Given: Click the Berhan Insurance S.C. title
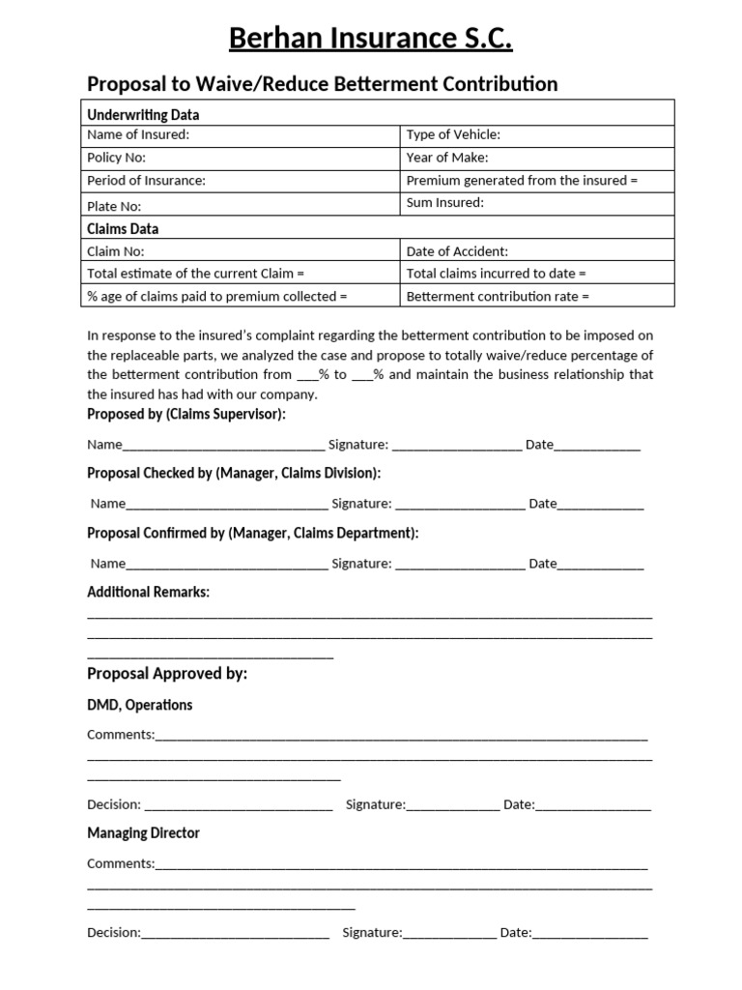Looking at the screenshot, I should pos(371,39).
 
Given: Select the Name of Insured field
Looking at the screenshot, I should pos(240,135).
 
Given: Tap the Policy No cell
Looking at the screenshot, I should pos(240,158).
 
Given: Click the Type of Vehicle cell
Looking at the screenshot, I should pos(536,135).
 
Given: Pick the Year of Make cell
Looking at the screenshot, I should pos(536,158).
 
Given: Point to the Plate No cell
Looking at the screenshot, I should pos(240,205).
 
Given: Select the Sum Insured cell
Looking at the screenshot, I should pos(536,203).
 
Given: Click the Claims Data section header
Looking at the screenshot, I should pos(123,229).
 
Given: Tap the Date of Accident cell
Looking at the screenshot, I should pos(536,251).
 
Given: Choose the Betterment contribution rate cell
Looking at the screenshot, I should pos(536,297).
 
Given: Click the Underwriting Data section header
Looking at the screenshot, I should pos(143,115).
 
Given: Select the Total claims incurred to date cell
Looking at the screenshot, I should pos(536,274).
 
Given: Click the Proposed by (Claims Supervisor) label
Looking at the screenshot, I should pos(186,415).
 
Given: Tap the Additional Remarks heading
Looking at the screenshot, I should pos(148,592).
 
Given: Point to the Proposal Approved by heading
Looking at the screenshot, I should pos(167,674).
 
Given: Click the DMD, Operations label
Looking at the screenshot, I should pos(139,705).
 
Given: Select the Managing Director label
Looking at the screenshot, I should pos(143,832).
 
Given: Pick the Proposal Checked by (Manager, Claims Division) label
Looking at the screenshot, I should pos(234,474).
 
